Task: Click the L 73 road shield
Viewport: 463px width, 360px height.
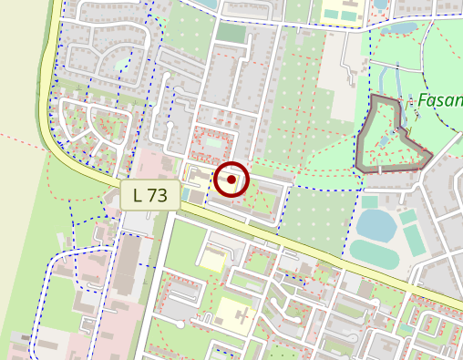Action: pos(149,194)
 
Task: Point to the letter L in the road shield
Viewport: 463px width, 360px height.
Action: pos(138,194)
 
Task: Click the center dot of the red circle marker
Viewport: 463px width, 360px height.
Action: pos(231,180)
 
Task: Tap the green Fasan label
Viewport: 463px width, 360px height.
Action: pos(440,99)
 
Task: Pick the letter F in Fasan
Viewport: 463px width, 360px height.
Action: pos(423,99)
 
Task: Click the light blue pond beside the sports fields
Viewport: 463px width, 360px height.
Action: pos(375,222)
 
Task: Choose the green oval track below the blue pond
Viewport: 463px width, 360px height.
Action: pos(374,252)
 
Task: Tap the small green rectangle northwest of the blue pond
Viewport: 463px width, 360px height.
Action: pos(369,201)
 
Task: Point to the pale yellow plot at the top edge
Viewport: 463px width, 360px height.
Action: pos(339,12)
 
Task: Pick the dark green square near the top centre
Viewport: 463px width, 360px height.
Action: pos(231,33)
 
